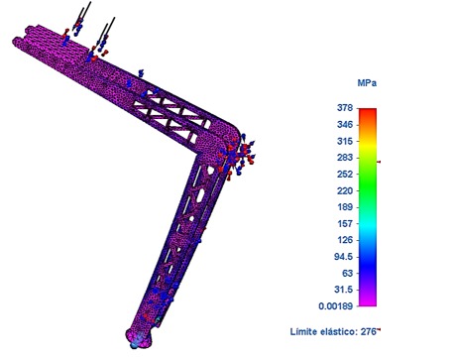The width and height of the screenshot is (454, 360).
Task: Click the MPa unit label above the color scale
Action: click(367, 82)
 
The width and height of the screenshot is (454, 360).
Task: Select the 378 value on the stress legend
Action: click(345, 108)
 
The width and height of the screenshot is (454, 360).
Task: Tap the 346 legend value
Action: click(345, 125)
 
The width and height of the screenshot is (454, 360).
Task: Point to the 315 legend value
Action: click(345, 141)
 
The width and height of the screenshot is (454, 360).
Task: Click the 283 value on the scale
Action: click(345, 158)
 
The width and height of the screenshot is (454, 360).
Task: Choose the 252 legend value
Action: click(345, 174)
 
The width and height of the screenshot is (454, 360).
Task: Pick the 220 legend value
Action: click(345, 190)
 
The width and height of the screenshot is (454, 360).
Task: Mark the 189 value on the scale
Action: click(345, 207)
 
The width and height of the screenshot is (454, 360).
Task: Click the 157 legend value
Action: click(345, 223)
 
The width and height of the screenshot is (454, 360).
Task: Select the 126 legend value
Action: click(345, 240)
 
